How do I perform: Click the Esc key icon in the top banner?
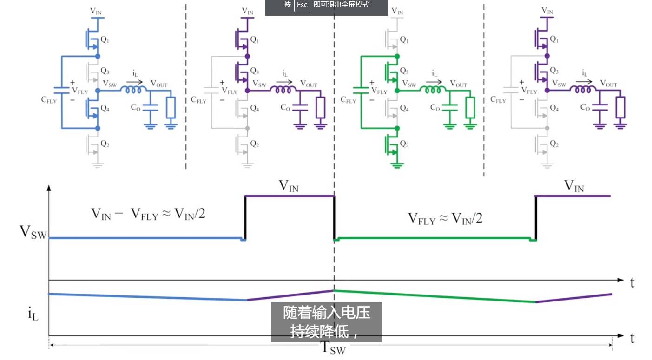(302, 5)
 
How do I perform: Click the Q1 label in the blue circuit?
(105, 39)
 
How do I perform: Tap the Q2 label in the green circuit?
(404, 144)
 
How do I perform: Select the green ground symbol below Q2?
(397, 165)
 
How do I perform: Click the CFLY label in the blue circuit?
(49, 100)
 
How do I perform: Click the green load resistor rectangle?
(470, 108)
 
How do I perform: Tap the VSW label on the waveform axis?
(33, 232)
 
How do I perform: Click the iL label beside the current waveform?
(33, 314)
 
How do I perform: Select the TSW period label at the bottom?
(334, 348)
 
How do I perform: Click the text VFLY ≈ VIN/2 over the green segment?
(445, 219)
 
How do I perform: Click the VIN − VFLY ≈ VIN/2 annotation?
(148, 214)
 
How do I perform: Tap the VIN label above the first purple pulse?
(289, 186)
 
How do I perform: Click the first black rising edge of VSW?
(245, 218)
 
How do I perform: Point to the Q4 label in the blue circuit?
(105, 109)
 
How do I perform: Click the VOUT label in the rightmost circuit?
(609, 84)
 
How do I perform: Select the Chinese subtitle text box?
(327, 322)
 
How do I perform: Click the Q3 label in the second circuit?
(255, 71)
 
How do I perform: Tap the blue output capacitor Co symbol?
(150, 108)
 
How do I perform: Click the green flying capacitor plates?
(361, 91)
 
